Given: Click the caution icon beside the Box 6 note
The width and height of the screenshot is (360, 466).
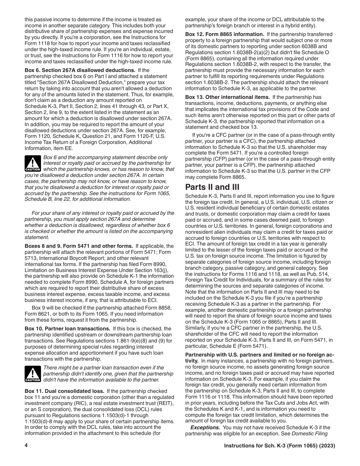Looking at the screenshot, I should tap(33, 163).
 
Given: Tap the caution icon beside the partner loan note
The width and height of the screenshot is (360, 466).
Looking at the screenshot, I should tap(33, 374).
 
